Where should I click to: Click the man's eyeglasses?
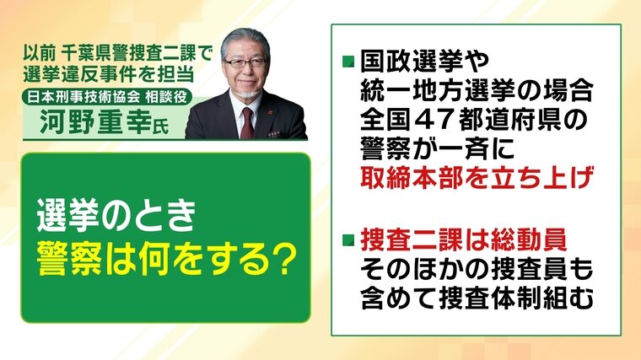[x=245, y=63]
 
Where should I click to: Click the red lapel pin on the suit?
[x=270, y=110]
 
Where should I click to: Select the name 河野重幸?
[x=95, y=121]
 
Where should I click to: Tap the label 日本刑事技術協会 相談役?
[x=107, y=97]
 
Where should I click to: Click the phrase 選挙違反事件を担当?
[x=109, y=74]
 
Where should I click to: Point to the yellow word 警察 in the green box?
[x=68, y=260]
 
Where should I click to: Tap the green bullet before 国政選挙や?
[x=348, y=62]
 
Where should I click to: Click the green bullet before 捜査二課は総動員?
[x=348, y=240]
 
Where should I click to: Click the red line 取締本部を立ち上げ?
[x=477, y=180]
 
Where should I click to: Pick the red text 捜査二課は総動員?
[x=464, y=239]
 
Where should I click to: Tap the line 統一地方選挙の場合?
[x=477, y=91]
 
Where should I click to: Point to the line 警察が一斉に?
[x=438, y=150]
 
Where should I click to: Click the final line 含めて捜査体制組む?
[x=477, y=298]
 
